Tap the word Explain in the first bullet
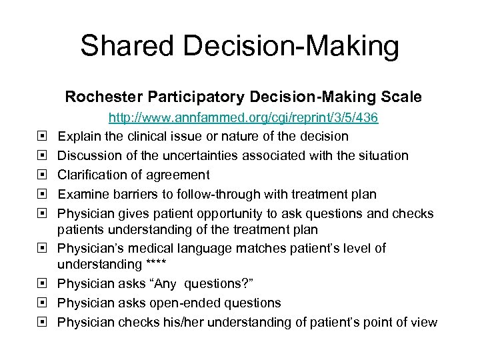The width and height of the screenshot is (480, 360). [79, 137]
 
